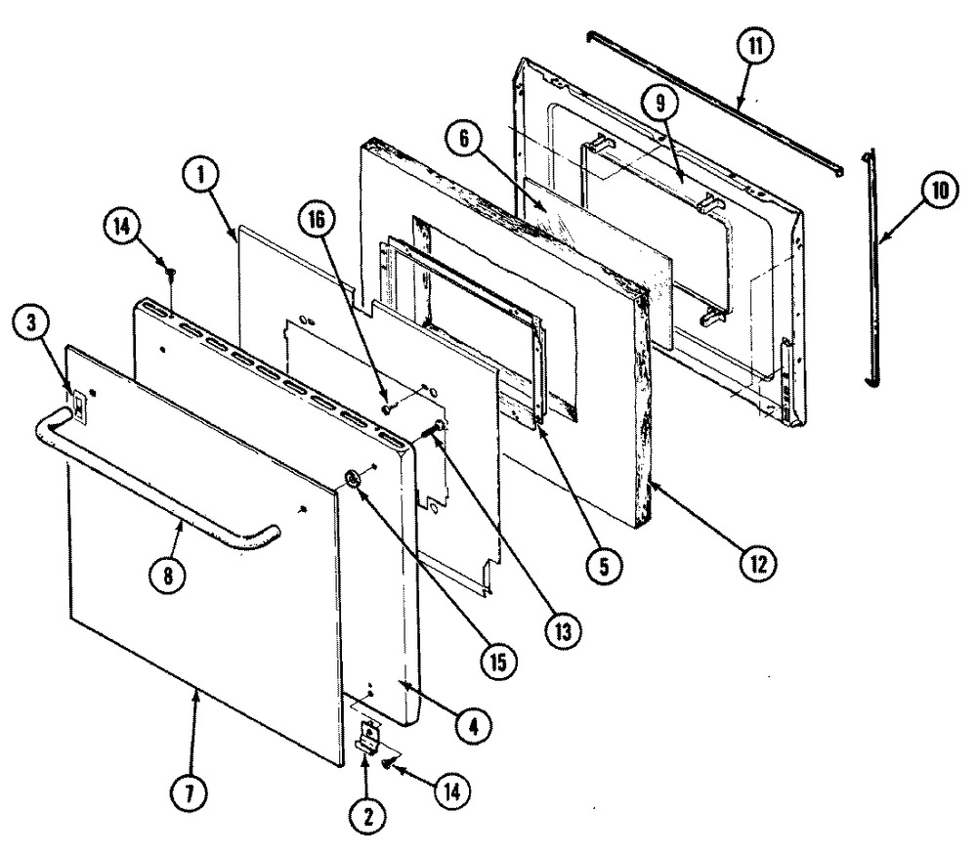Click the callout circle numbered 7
[191, 794]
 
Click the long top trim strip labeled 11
[713, 98]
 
